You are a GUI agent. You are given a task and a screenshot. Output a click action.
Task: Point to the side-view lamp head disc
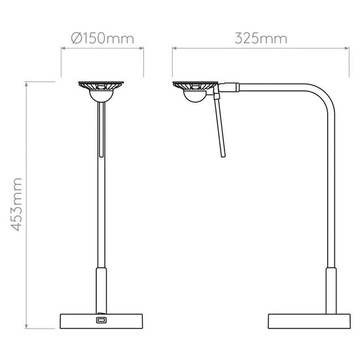click(194, 86)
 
